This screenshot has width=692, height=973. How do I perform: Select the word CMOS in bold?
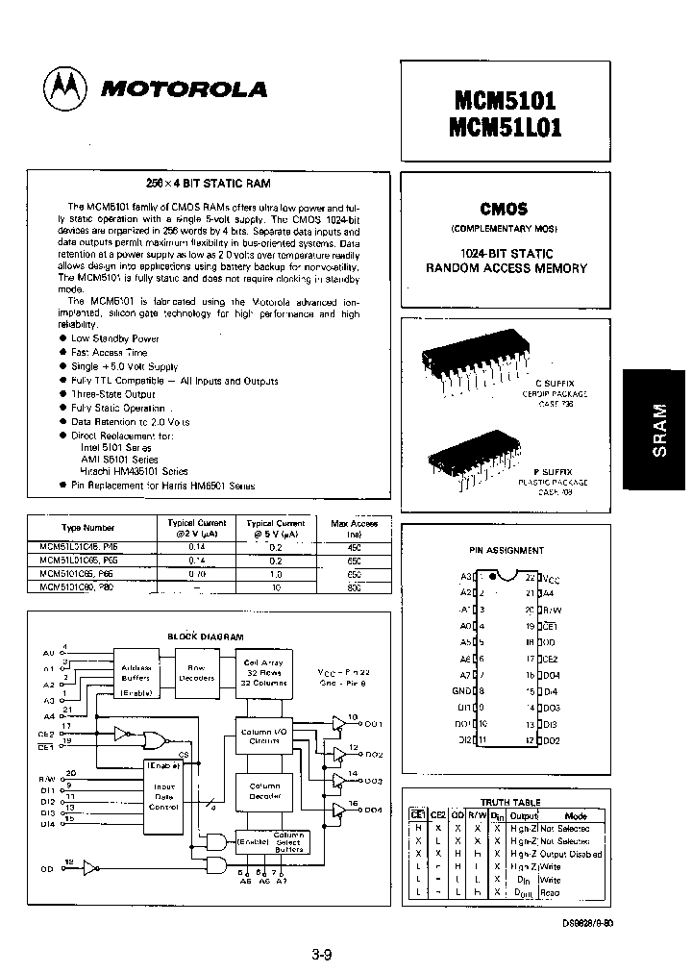click(x=506, y=209)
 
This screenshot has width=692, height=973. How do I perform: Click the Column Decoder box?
click(x=264, y=790)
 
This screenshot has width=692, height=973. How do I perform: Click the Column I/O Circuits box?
click(x=264, y=737)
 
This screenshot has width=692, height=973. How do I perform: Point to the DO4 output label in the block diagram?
click(x=374, y=811)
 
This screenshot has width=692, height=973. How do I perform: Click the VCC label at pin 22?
click(x=550, y=579)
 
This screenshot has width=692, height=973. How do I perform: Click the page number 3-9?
click(x=322, y=955)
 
